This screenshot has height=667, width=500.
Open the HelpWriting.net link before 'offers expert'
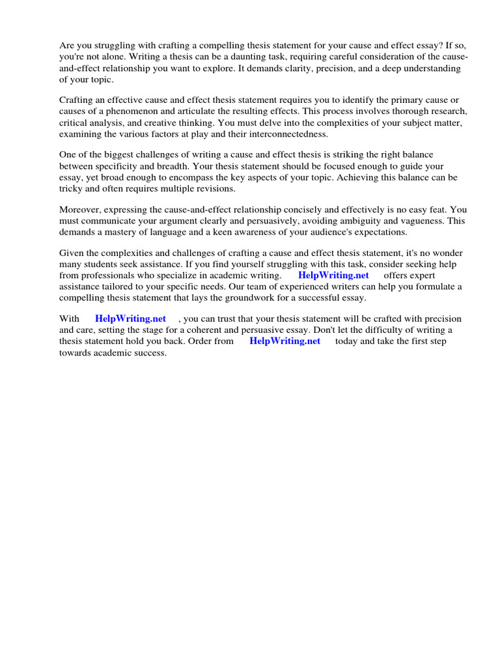[x=333, y=276]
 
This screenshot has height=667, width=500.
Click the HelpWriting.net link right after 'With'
[x=130, y=319]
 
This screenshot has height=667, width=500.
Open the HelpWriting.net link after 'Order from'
[x=285, y=341]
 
